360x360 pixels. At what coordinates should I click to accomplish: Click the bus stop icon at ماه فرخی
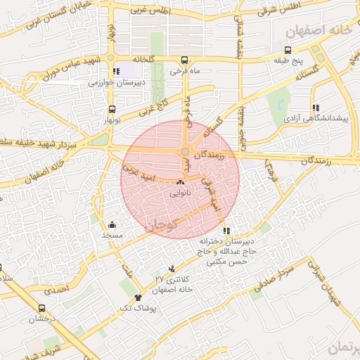(184, 60)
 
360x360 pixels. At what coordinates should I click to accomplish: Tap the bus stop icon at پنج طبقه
(288, 50)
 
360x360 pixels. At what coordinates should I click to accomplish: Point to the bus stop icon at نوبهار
(112, 109)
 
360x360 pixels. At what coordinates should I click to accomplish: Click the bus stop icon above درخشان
(41, 308)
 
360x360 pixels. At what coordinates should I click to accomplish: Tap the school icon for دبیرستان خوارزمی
(115, 71)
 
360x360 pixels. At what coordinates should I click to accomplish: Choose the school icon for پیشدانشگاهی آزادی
(316, 108)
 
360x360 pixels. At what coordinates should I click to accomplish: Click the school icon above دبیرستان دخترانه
(226, 231)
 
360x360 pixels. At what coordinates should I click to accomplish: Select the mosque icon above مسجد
(112, 224)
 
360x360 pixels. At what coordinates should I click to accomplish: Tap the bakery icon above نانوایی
(177, 183)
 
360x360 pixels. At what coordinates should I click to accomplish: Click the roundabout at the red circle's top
(185, 151)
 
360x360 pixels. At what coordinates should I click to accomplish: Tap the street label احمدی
(57, 288)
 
